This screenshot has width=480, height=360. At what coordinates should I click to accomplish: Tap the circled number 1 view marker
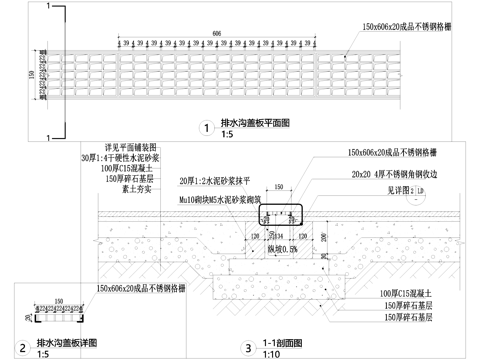205,128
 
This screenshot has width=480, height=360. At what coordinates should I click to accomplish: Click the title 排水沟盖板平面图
255,123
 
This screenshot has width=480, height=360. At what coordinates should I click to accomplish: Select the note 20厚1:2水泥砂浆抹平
222,181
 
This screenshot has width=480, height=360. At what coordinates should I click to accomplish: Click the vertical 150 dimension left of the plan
31,77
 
